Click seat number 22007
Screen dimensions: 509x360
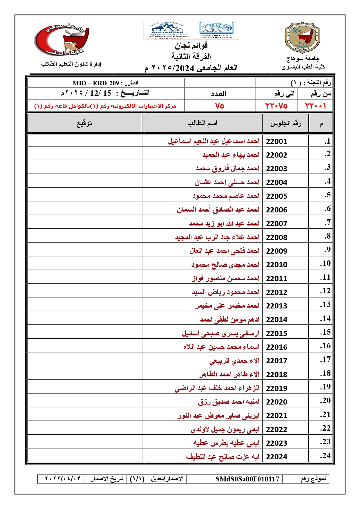pos(276,223)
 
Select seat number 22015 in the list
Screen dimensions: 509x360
pos(276,333)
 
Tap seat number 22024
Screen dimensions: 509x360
pos(276,457)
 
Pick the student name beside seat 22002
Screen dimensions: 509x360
pos(231,155)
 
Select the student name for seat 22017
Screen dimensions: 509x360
pos(234,361)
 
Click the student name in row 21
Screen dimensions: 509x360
pos(218,416)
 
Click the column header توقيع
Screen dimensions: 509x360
pos(84,123)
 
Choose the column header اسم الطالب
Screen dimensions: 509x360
pos(202,123)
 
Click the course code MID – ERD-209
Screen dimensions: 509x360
pos(96,83)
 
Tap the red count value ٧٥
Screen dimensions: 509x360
pos(220,106)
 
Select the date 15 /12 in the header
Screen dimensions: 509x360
pos(100,93)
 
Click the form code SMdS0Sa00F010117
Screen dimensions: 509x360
pos(247,479)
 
